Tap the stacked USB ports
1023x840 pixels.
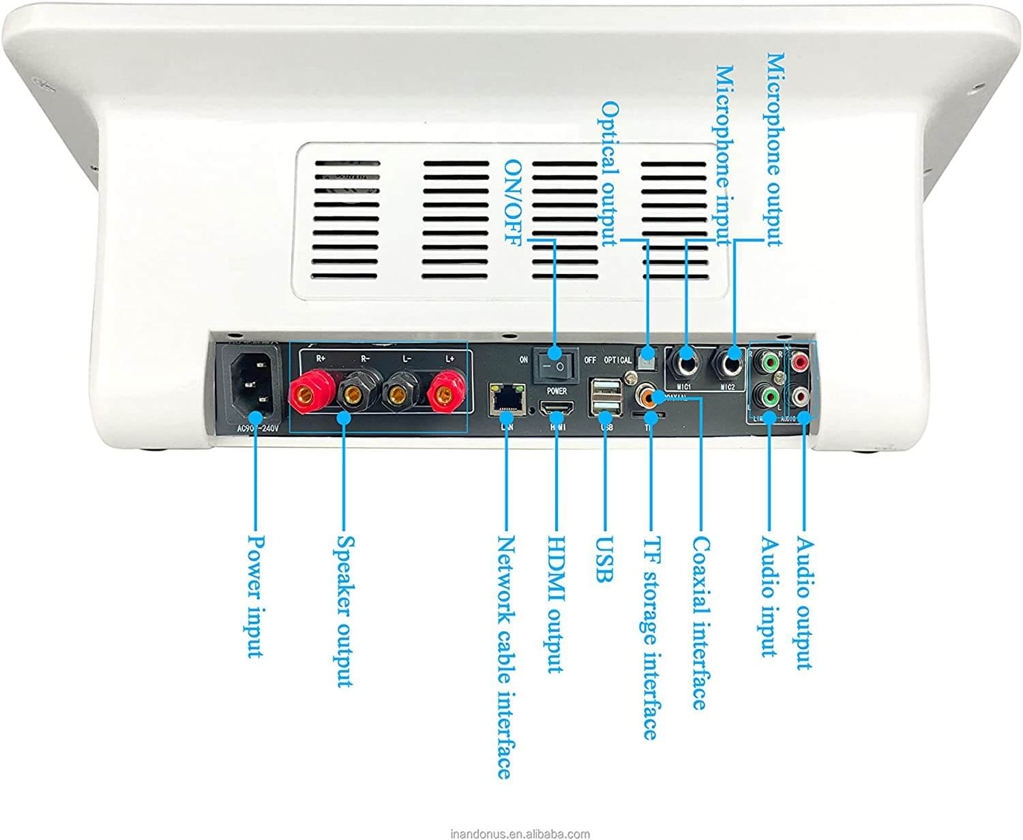(x=606, y=398)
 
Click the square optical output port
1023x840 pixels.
(x=645, y=355)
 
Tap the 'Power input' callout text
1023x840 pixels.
(x=255, y=596)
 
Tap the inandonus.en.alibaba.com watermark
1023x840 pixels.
(x=520, y=833)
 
